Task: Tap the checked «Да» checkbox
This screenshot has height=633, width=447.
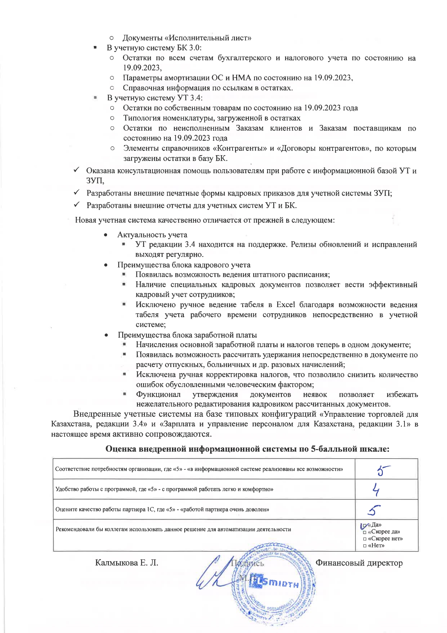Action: pyautogui.click(x=364, y=525)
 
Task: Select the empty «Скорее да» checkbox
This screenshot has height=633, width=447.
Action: pyautogui.click(x=365, y=532)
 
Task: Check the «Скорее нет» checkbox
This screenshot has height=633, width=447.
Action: pyautogui.click(x=365, y=539)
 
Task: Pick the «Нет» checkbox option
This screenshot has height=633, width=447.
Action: pyautogui.click(x=365, y=546)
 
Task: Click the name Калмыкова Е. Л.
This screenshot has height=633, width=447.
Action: pyautogui.click(x=127, y=563)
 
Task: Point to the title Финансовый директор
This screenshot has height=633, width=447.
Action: pyautogui.click(x=359, y=563)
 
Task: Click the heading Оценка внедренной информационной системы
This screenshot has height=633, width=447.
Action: pyautogui.click(x=247, y=449)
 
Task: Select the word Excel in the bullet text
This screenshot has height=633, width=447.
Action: pyautogui.click(x=286, y=305)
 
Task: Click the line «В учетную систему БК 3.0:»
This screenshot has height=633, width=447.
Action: pyautogui.click(x=154, y=48)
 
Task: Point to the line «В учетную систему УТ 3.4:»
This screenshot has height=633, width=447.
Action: pyautogui.click(x=155, y=98)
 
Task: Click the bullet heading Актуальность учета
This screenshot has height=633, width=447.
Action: pyautogui.click(x=152, y=235)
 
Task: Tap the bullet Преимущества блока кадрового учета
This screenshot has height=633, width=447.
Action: pyautogui.click(x=184, y=265)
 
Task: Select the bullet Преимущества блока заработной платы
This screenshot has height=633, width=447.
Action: pyautogui.click(x=187, y=335)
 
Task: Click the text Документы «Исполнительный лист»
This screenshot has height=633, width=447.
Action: pyautogui.click(x=187, y=38)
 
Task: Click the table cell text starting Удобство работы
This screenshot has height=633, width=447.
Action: pyautogui.click(x=164, y=489)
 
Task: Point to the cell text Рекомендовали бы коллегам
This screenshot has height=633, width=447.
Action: pyautogui.click(x=173, y=529)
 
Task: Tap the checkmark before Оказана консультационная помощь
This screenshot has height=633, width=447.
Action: pyautogui.click(x=77, y=170)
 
